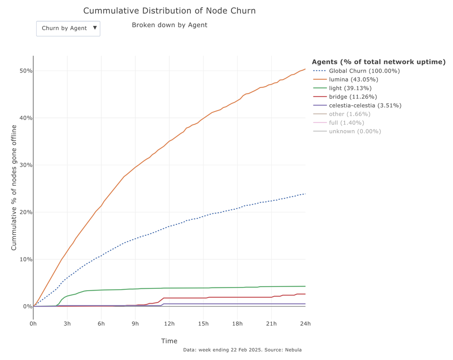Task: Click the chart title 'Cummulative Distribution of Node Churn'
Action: click(169, 11)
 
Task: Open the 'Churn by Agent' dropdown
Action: click(68, 28)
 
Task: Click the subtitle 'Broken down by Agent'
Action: click(169, 25)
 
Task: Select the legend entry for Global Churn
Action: click(364, 71)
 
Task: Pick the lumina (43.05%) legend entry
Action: click(353, 79)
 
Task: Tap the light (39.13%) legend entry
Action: click(350, 88)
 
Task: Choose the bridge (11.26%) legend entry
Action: click(352, 97)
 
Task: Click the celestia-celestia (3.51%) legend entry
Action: click(365, 105)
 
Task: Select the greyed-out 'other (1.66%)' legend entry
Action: click(349, 114)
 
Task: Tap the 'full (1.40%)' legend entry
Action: click(346, 122)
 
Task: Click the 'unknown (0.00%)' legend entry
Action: click(355, 131)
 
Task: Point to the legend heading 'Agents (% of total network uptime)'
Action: click(378, 62)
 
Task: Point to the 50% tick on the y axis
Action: click(25, 71)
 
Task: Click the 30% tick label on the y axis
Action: click(25, 165)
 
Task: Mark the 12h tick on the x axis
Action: click(169, 323)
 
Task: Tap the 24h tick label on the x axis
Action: click(305, 323)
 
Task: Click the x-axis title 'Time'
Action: click(169, 341)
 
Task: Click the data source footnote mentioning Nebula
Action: click(242, 350)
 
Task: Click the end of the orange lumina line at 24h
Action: click(305, 69)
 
